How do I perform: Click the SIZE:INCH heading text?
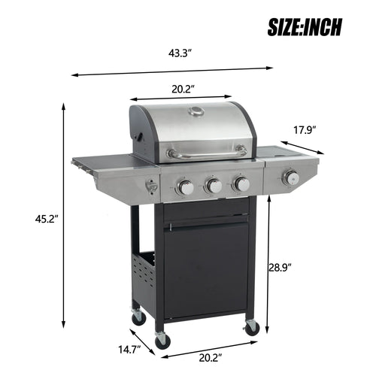305,27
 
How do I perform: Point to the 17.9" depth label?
303,129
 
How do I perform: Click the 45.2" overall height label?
32,220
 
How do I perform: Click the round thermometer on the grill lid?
196,112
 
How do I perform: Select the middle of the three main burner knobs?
214,186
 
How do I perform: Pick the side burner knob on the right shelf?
290,178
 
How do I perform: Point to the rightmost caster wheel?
252,327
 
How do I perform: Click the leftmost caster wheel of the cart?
138,317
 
